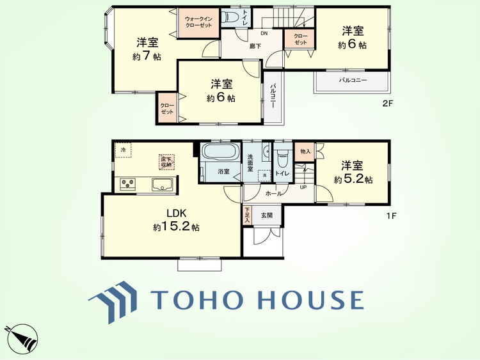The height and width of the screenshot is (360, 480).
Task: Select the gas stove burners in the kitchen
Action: [x=128, y=184]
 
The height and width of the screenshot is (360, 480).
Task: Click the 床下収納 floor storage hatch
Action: [x=166, y=162]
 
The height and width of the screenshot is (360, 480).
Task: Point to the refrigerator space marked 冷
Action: [x=123, y=150]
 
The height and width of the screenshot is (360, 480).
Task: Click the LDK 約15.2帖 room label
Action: [x=175, y=220]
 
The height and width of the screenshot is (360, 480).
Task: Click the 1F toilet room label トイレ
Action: [x=282, y=173]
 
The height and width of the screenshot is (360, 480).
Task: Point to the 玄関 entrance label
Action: [x=267, y=215]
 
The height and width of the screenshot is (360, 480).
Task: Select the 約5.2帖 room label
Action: [x=353, y=173]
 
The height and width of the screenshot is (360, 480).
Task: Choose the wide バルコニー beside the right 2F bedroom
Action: [x=352, y=81]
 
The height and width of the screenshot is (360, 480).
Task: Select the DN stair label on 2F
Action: [x=264, y=33]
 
